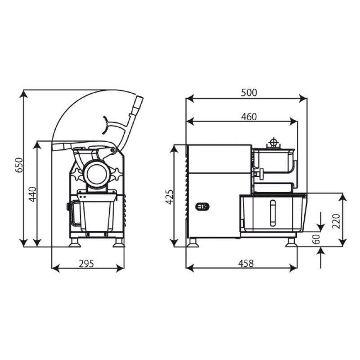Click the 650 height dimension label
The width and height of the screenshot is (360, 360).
(x=19, y=165)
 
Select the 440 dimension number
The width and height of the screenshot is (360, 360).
(x=32, y=194)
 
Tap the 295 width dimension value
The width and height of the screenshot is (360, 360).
(x=86, y=264)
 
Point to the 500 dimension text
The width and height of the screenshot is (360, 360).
(x=249, y=93)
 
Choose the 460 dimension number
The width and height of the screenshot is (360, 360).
(x=249, y=117)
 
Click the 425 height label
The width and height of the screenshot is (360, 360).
(x=170, y=197)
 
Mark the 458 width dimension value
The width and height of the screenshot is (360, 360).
(x=246, y=263)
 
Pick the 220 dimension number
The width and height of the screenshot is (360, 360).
(x=336, y=221)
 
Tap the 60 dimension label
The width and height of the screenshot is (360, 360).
(x=316, y=239)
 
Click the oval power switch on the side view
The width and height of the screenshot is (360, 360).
(x=202, y=207)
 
